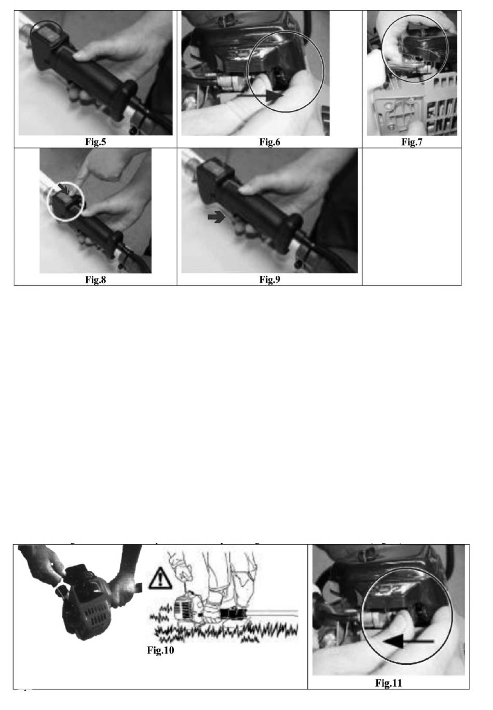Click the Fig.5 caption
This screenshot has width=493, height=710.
pos(95,142)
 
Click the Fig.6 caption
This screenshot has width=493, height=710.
pos(270,142)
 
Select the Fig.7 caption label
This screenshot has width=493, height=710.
pos(412,142)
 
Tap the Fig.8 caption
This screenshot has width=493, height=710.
pos(95,280)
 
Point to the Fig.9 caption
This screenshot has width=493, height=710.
pos(270,280)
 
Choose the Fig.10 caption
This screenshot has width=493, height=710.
pos(160,650)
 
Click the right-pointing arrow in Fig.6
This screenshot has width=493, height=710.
pos(259,94)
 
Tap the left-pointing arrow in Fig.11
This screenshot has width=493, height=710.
pos(408,641)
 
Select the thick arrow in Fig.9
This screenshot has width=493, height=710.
pos(216,217)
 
